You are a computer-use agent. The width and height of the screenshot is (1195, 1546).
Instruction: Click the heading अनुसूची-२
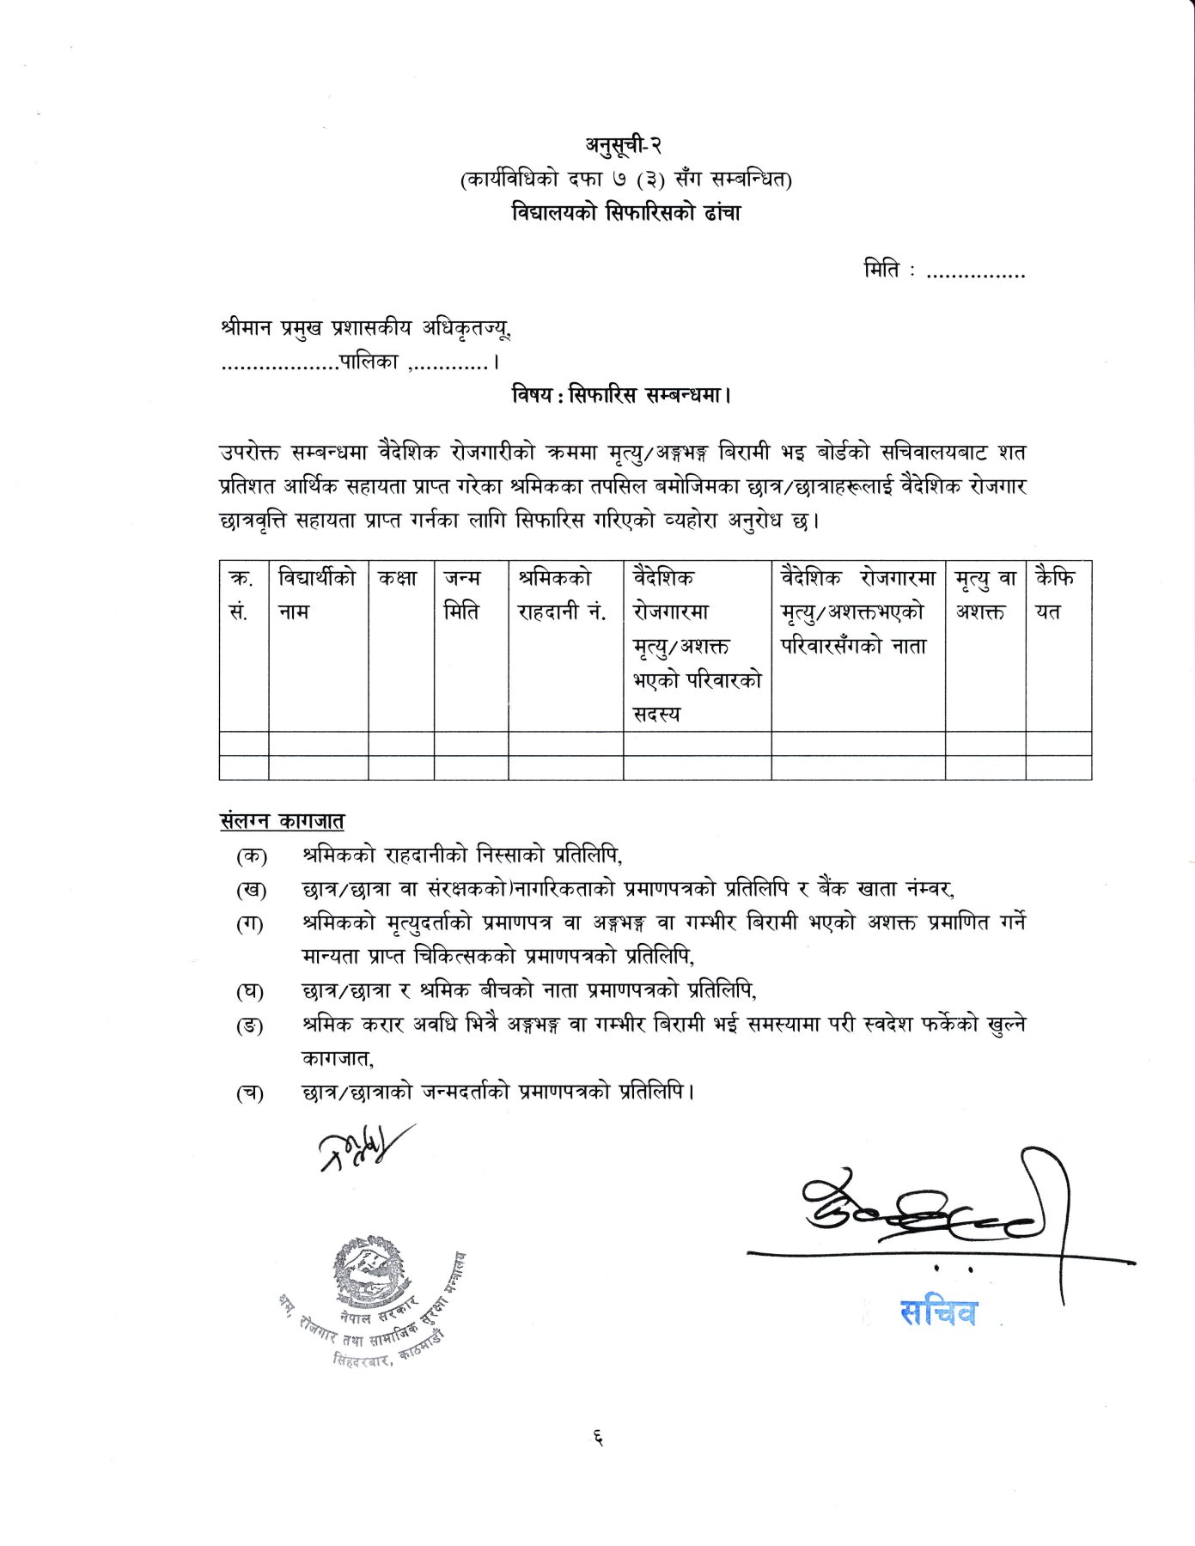click(624, 145)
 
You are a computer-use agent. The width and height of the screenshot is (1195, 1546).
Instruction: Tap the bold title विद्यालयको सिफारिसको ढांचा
click(625, 212)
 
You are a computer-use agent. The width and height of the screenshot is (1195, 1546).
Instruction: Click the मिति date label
click(881, 271)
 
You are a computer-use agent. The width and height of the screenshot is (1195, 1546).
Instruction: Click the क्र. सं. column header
click(241, 595)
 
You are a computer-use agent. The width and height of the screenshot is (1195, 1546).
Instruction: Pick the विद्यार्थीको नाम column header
click(316, 595)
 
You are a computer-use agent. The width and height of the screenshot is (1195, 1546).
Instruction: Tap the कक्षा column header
click(398, 579)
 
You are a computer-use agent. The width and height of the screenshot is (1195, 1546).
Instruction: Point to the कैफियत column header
click(1054, 595)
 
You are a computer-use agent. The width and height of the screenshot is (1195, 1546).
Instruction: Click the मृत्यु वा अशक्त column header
click(985, 595)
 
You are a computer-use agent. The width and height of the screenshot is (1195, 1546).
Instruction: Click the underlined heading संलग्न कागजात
click(282, 820)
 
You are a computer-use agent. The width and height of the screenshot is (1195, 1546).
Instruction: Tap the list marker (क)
click(251, 856)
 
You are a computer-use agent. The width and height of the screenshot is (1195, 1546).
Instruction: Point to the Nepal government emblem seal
click(369, 1270)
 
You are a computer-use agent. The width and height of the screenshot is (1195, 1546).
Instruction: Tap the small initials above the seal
click(361, 1147)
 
